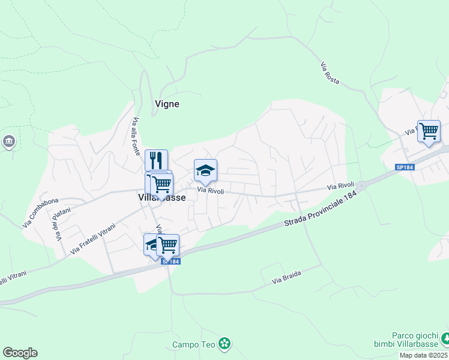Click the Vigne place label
[x=167, y=104]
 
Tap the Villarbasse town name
[x=161, y=197]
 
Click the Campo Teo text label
[x=193, y=344]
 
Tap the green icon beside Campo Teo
[x=224, y=344]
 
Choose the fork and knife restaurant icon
[x=156, y=160]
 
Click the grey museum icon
[x=9, y=142]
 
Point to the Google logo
[x=20, y=353]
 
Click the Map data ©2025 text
[x=424, y=355]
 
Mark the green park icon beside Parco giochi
[x=445, y=340]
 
